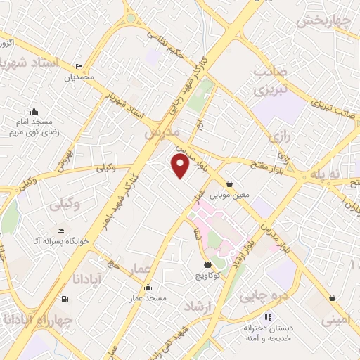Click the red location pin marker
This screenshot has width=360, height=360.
(180, 166)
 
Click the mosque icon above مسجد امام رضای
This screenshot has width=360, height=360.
(33, 110)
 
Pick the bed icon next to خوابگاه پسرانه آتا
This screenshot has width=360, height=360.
(60, 231)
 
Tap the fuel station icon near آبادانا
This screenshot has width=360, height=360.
(65, 300)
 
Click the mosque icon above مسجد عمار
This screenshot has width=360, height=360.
(148, 288)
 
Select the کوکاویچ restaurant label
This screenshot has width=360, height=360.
(207, 276)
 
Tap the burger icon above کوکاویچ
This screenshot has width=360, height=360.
(207, 265)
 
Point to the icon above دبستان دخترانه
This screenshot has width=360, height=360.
(267, 317)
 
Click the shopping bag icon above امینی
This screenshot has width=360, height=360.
(331, 297)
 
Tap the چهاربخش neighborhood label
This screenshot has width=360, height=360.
(323, 21)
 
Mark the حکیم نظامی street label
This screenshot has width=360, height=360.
(166, 44)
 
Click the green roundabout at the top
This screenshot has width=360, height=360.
(130, 18)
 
